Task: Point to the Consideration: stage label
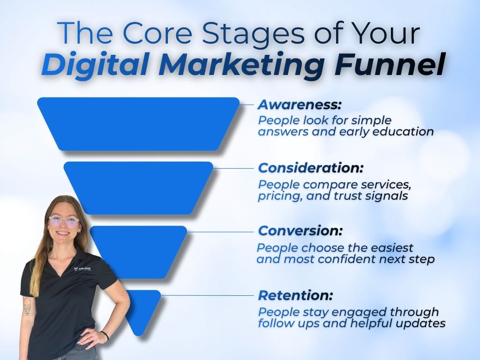point(311,167)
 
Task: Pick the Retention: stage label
point(295,295)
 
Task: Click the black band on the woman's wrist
point(105,336)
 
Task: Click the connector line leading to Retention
point(206,295)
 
